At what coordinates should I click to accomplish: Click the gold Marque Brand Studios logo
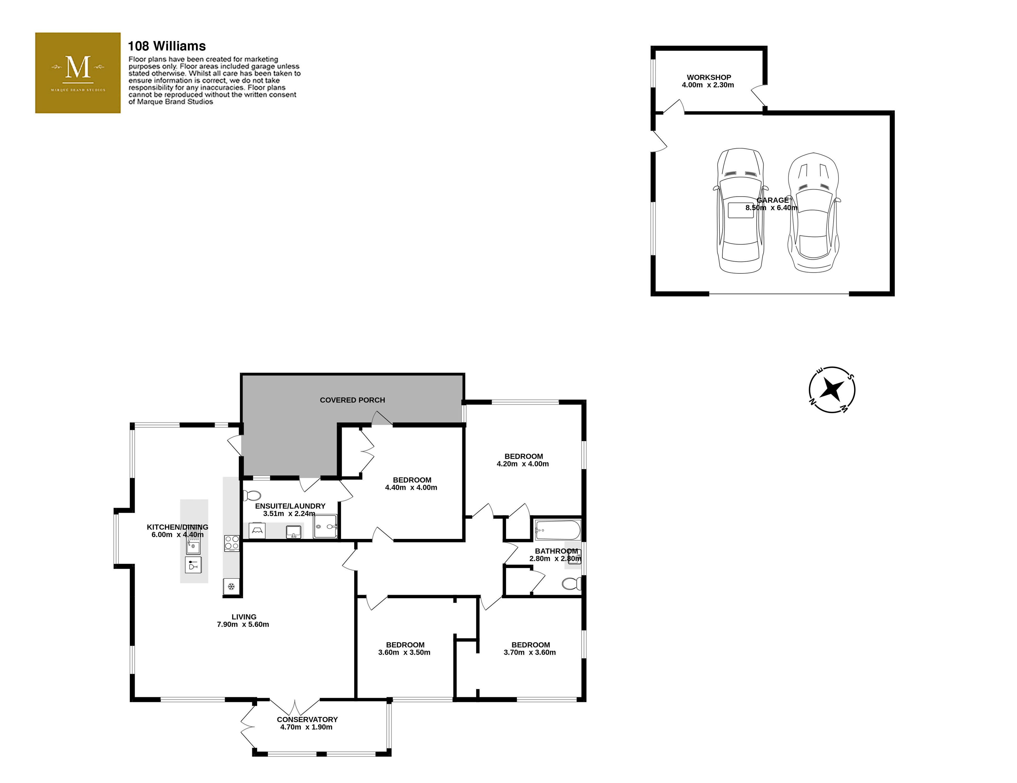pos(78,73)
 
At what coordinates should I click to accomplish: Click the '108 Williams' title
pos(167,46)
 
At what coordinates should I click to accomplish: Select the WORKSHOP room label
pos(709,77)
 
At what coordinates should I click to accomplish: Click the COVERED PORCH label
pos(353,400)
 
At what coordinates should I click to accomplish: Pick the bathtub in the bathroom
pos(557,530)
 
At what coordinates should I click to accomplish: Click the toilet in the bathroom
pos(571,583)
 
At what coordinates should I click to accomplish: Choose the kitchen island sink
pos(193,545)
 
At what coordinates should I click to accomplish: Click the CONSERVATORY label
pos(307,719)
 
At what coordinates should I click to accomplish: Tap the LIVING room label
pos(244,617)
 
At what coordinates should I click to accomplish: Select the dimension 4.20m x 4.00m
pos(523,464)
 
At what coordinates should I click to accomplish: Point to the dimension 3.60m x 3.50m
pos(404,652)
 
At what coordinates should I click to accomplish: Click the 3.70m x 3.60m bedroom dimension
pos(530,652)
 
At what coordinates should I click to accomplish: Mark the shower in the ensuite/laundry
pos(325,526)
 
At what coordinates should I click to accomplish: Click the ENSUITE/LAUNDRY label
pos(290,506)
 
